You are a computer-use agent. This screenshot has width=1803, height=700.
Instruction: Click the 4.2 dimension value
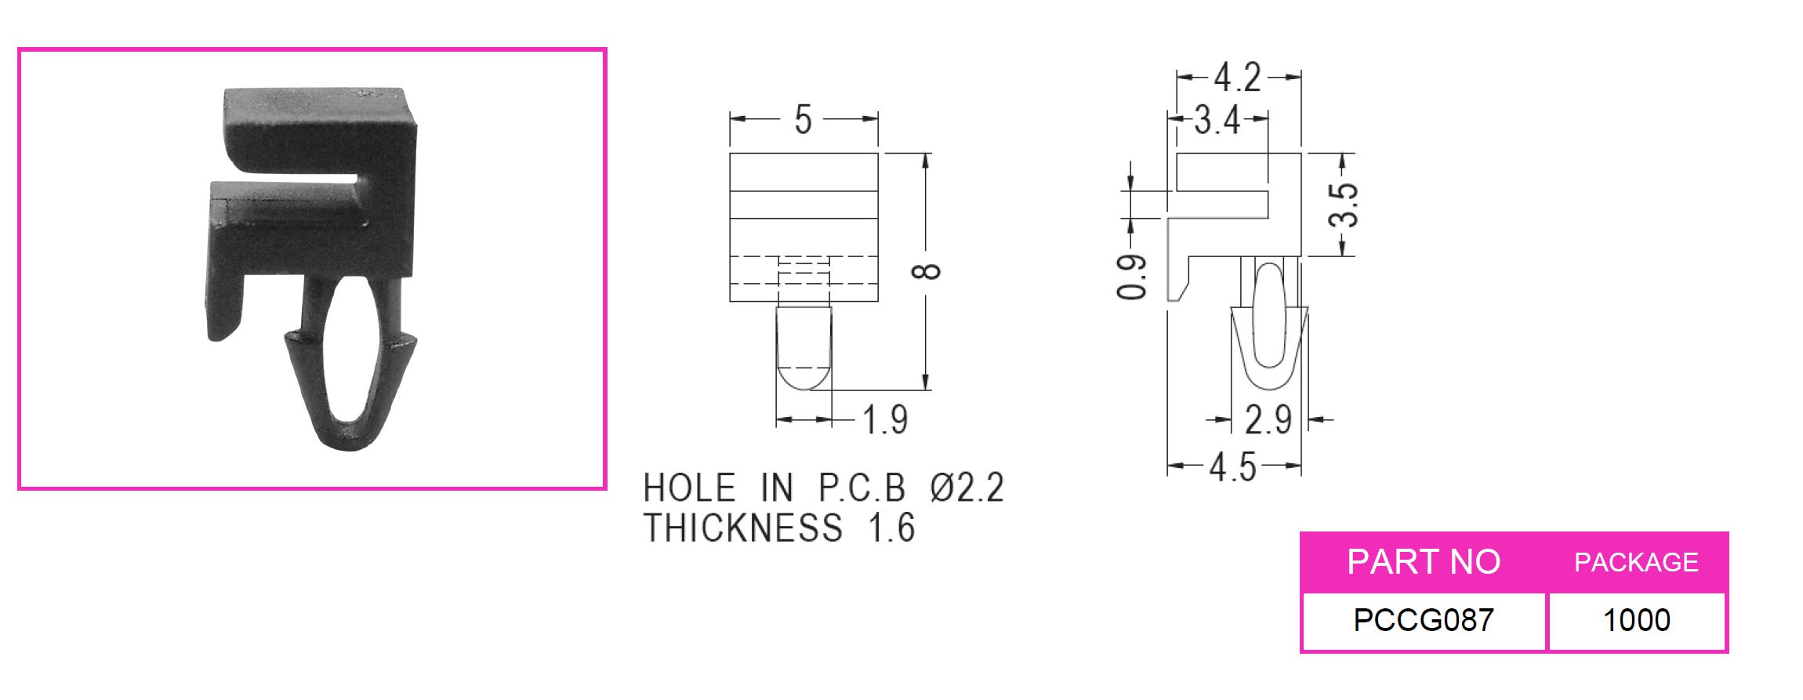click(1238, 78)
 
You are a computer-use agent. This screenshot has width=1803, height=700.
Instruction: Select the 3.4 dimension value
click(1217, 121)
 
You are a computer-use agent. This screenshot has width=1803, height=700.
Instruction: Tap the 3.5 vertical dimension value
click(1344, 204)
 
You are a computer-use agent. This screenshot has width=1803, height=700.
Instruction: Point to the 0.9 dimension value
click(1131, 277)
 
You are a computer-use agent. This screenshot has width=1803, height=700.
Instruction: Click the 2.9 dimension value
click(1268, 419)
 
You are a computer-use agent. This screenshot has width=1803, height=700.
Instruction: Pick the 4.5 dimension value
click(1233, 467)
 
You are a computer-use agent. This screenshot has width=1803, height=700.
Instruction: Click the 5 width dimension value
click(804, 120)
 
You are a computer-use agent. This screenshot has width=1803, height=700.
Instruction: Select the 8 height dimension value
click(926, 271)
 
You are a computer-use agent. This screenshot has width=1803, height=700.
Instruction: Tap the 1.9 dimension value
click(886, 420)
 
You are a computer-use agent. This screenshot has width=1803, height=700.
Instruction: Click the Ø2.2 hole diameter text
click(967, 488)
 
